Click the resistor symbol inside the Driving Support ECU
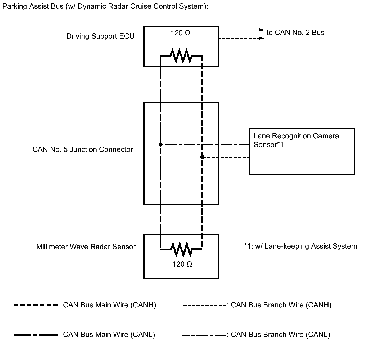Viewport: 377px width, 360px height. coord(181,56)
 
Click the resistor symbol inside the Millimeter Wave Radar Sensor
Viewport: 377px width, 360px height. coord(182,249)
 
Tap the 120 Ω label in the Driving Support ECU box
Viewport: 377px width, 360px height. coord(180,33)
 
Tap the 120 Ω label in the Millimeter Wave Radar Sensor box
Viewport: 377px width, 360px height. coord(182,264)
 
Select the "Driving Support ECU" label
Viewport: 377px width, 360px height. coord(100,36)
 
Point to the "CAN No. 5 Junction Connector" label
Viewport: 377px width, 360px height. coord(83,149)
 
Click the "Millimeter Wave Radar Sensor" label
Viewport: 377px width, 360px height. coord(86,247)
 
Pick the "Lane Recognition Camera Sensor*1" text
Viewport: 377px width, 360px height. coord(296,140)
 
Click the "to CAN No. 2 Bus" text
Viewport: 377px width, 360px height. coord(295,33)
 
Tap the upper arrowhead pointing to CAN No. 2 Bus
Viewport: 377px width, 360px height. coord(262,30)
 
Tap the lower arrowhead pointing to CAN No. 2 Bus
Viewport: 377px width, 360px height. coord(262,38)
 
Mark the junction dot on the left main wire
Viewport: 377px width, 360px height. coord(160,144)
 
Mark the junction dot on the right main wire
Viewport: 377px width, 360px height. coord(202,157)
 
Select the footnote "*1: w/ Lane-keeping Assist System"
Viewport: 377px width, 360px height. coord(300,246)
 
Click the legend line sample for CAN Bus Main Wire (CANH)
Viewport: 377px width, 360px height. coord(36,306)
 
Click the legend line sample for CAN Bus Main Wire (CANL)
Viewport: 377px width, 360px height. coord(36,335)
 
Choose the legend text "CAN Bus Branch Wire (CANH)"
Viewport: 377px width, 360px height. coord(281,305)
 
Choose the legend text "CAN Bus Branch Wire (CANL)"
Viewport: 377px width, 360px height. coord(281,335)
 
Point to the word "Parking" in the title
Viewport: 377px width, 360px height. coord(15,7)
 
